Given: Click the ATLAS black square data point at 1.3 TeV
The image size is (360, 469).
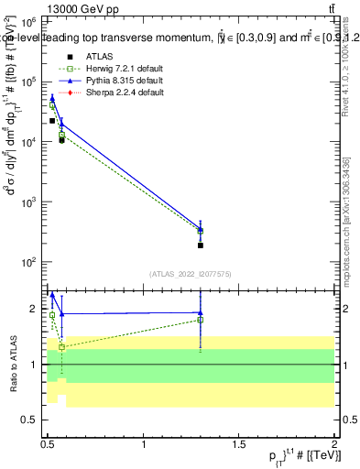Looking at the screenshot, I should pos(200,245).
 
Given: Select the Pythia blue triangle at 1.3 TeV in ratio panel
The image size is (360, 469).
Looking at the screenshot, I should pos(200,312).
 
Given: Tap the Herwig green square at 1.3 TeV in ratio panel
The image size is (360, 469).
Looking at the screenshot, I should pos(200,320).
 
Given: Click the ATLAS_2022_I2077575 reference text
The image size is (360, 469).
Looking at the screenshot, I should pos(191,273).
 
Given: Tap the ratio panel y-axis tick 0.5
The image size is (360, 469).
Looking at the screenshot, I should pos(33,420).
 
